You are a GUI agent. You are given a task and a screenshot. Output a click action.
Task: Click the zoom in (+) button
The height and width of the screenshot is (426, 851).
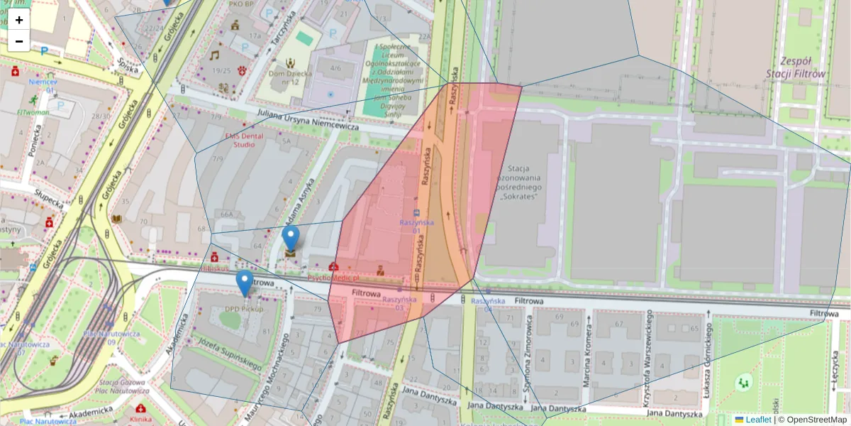[x=19, y=20]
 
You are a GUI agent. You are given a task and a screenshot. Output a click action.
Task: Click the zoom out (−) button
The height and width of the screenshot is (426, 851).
[x=19, y=41]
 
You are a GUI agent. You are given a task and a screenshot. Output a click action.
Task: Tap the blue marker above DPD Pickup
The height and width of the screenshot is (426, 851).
[x=245, y=283]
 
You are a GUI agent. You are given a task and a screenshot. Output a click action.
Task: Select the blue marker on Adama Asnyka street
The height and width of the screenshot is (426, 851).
[x=291, y=239]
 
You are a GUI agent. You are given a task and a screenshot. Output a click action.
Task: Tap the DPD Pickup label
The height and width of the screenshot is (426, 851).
[x=244, y=309]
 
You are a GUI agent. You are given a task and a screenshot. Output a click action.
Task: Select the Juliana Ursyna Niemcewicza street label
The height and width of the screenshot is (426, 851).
[x=299, y=120]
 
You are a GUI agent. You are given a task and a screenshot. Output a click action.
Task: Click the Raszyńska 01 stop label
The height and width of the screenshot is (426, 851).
[x=416, y=226]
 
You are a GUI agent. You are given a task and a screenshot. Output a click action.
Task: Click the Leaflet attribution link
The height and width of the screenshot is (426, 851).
[x=757, y=420]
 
